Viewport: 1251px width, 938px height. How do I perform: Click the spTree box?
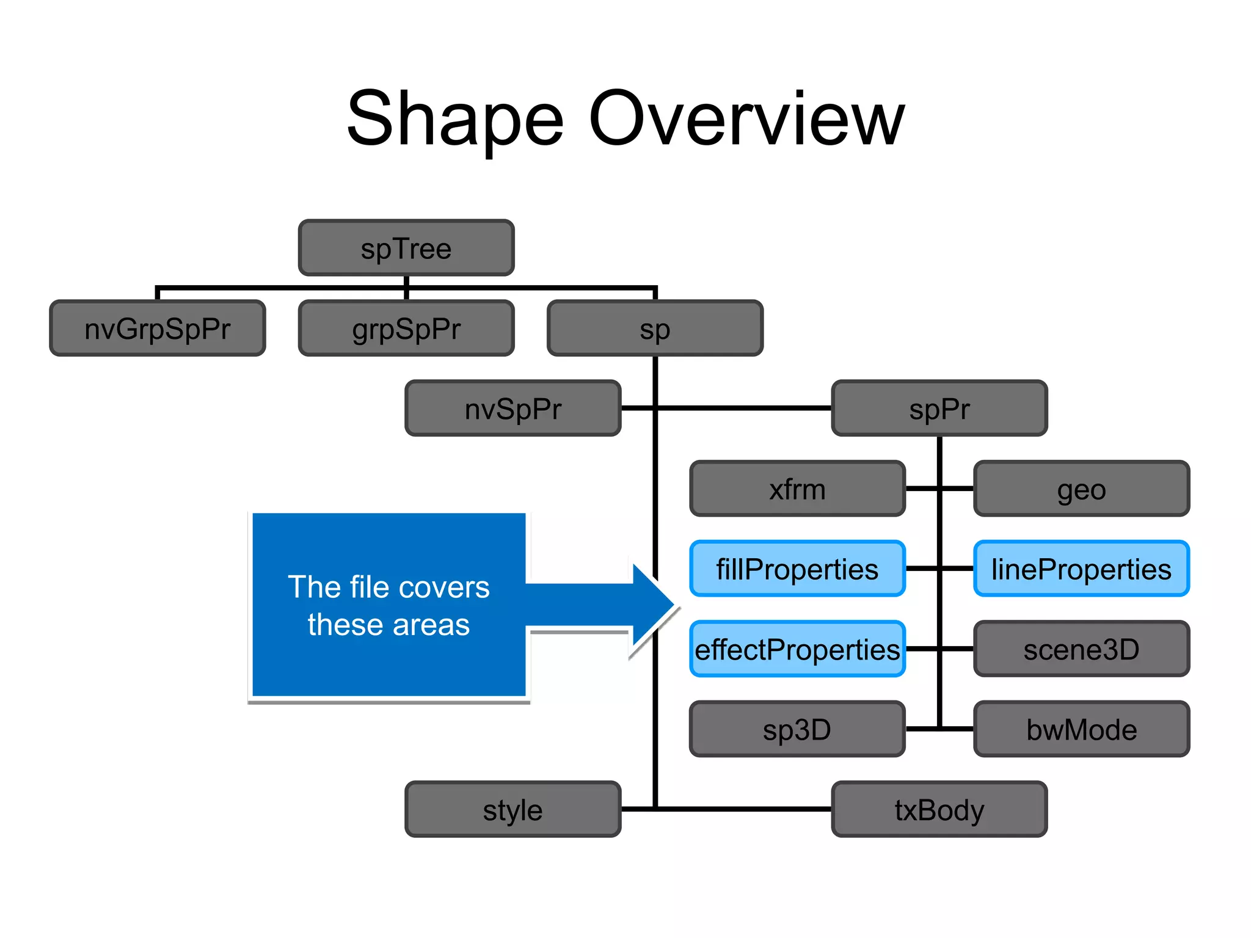click(406, 248)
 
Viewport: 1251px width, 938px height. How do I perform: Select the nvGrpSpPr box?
click(158, 329)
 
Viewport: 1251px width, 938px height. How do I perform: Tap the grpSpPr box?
click(406, 329)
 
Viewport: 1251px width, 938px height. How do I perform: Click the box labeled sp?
click(655, 329)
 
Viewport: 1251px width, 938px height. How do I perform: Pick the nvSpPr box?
click(513, 409)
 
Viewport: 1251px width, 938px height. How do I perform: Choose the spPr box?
click(939, 409)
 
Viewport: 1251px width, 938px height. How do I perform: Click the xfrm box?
click(797, 489)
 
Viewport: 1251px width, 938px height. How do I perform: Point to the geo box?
click(1081, 489)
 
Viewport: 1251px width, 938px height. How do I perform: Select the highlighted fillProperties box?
click(797, 569)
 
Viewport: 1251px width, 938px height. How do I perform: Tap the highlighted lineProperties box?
click(1081, 569)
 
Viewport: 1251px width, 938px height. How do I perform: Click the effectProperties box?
click(797, 649)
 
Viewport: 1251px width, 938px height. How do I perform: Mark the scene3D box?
click(1081, 649)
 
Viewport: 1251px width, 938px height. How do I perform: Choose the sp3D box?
click(797, 729)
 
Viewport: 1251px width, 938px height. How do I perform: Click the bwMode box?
click(1081, 729)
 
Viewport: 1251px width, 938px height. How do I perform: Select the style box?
click(513, 809)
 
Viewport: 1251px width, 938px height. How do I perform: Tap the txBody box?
click(939, 809)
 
